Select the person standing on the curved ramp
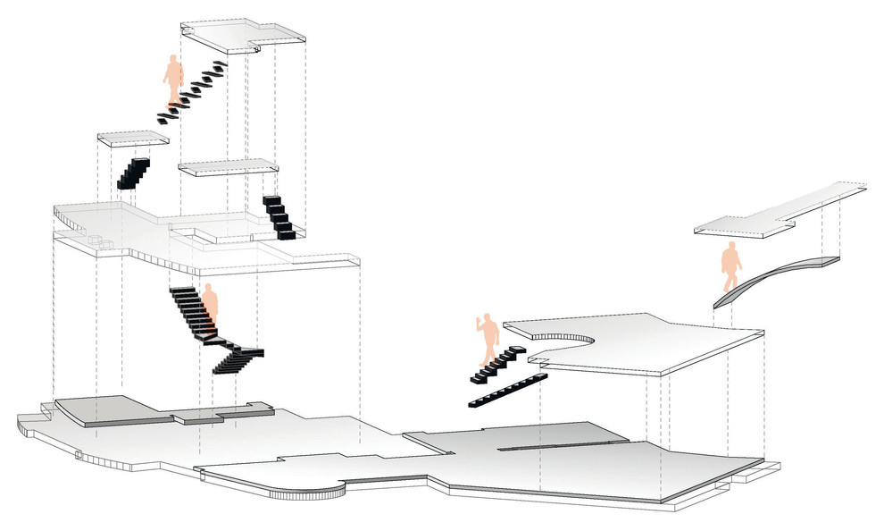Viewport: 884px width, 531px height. point(731,266)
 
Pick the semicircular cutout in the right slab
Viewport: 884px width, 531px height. point(566,337)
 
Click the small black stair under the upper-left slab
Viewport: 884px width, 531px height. point(133,173)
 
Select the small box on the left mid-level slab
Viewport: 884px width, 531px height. point(95,240)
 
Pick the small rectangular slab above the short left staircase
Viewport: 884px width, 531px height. point(133,139)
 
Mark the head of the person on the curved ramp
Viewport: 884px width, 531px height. point(730,248)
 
